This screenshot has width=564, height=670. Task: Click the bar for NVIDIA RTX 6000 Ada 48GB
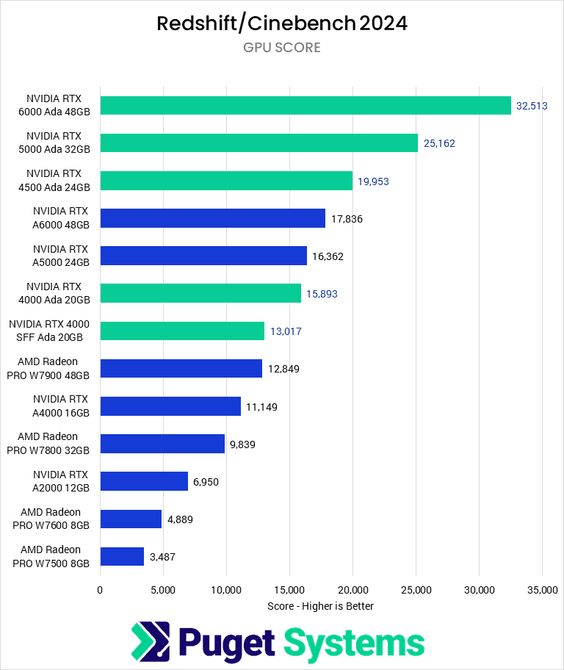coord(305,106)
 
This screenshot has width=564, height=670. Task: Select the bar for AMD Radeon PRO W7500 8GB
coord(122,556)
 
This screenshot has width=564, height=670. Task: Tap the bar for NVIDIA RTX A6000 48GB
coord(212,218)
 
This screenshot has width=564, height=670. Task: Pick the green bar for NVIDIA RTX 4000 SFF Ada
coord(182,331)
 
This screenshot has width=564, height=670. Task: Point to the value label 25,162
coord(439,143)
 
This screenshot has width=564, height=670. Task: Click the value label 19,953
coord(373,181)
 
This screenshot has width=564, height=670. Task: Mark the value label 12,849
coord(283,369)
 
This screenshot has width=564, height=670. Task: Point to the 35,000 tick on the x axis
coord(542,589)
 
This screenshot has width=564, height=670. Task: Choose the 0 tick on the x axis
coord(101,589)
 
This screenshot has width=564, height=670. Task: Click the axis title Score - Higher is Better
coord(321,606)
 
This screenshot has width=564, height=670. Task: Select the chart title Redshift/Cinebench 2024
coord(282,24)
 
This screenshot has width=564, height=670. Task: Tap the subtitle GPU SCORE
coord(282,48)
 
